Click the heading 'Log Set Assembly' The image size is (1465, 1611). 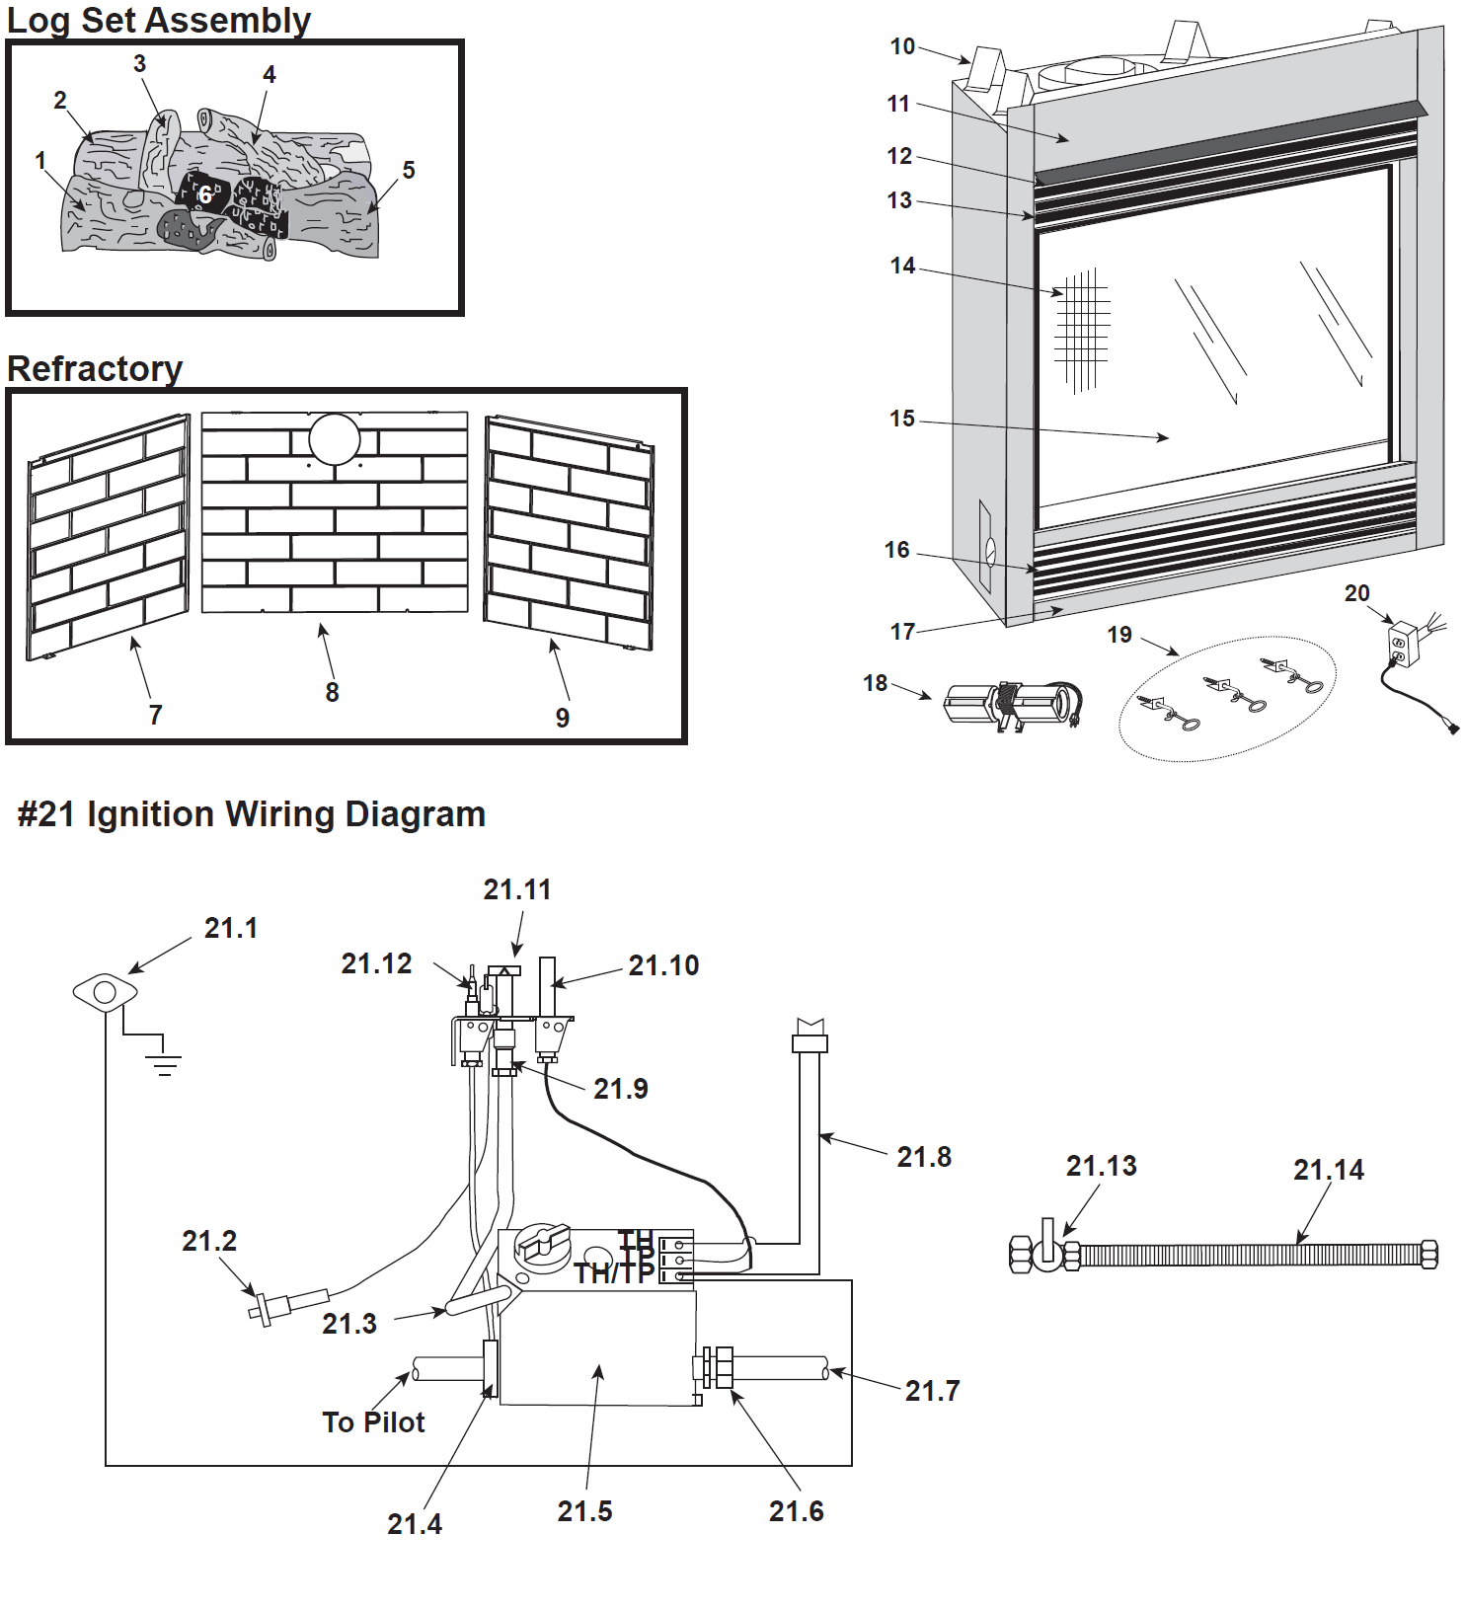(x=158, y=20)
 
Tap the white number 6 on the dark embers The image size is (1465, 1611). (x=205, y=194)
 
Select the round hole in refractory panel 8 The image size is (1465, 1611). (x=335, y=439)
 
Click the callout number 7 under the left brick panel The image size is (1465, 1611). (x=155, y=715)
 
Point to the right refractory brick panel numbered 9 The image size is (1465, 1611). (x=569, y=534)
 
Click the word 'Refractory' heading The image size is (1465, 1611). (x=95, y=369)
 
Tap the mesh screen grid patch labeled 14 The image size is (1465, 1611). (x=1082, y=330)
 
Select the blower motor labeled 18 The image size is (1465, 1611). (x=1010, y=705)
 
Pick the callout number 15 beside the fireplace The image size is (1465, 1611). (x=901, y=419)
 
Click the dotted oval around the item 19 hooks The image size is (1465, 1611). (x=1227, y=698)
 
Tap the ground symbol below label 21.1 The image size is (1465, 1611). (x=164, y=1064)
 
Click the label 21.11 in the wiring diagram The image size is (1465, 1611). (x=517, y=890)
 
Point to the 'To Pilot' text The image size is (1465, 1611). (x=373, y=1422)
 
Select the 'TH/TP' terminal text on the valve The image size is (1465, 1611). (x=614, y=1273)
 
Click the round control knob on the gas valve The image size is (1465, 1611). (x=542, y=1246)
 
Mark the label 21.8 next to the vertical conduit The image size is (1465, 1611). (x=924, y=1157)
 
